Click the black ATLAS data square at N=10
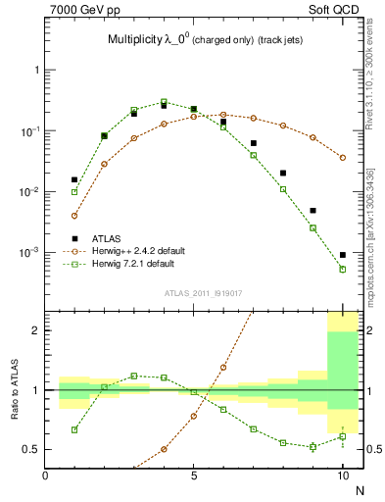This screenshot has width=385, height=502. coord(343,255)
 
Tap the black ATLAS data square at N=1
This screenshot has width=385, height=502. coord(74,179)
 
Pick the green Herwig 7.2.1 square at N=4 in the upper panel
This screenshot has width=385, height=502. coord(164,101)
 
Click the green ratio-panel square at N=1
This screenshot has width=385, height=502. coord(74,429)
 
